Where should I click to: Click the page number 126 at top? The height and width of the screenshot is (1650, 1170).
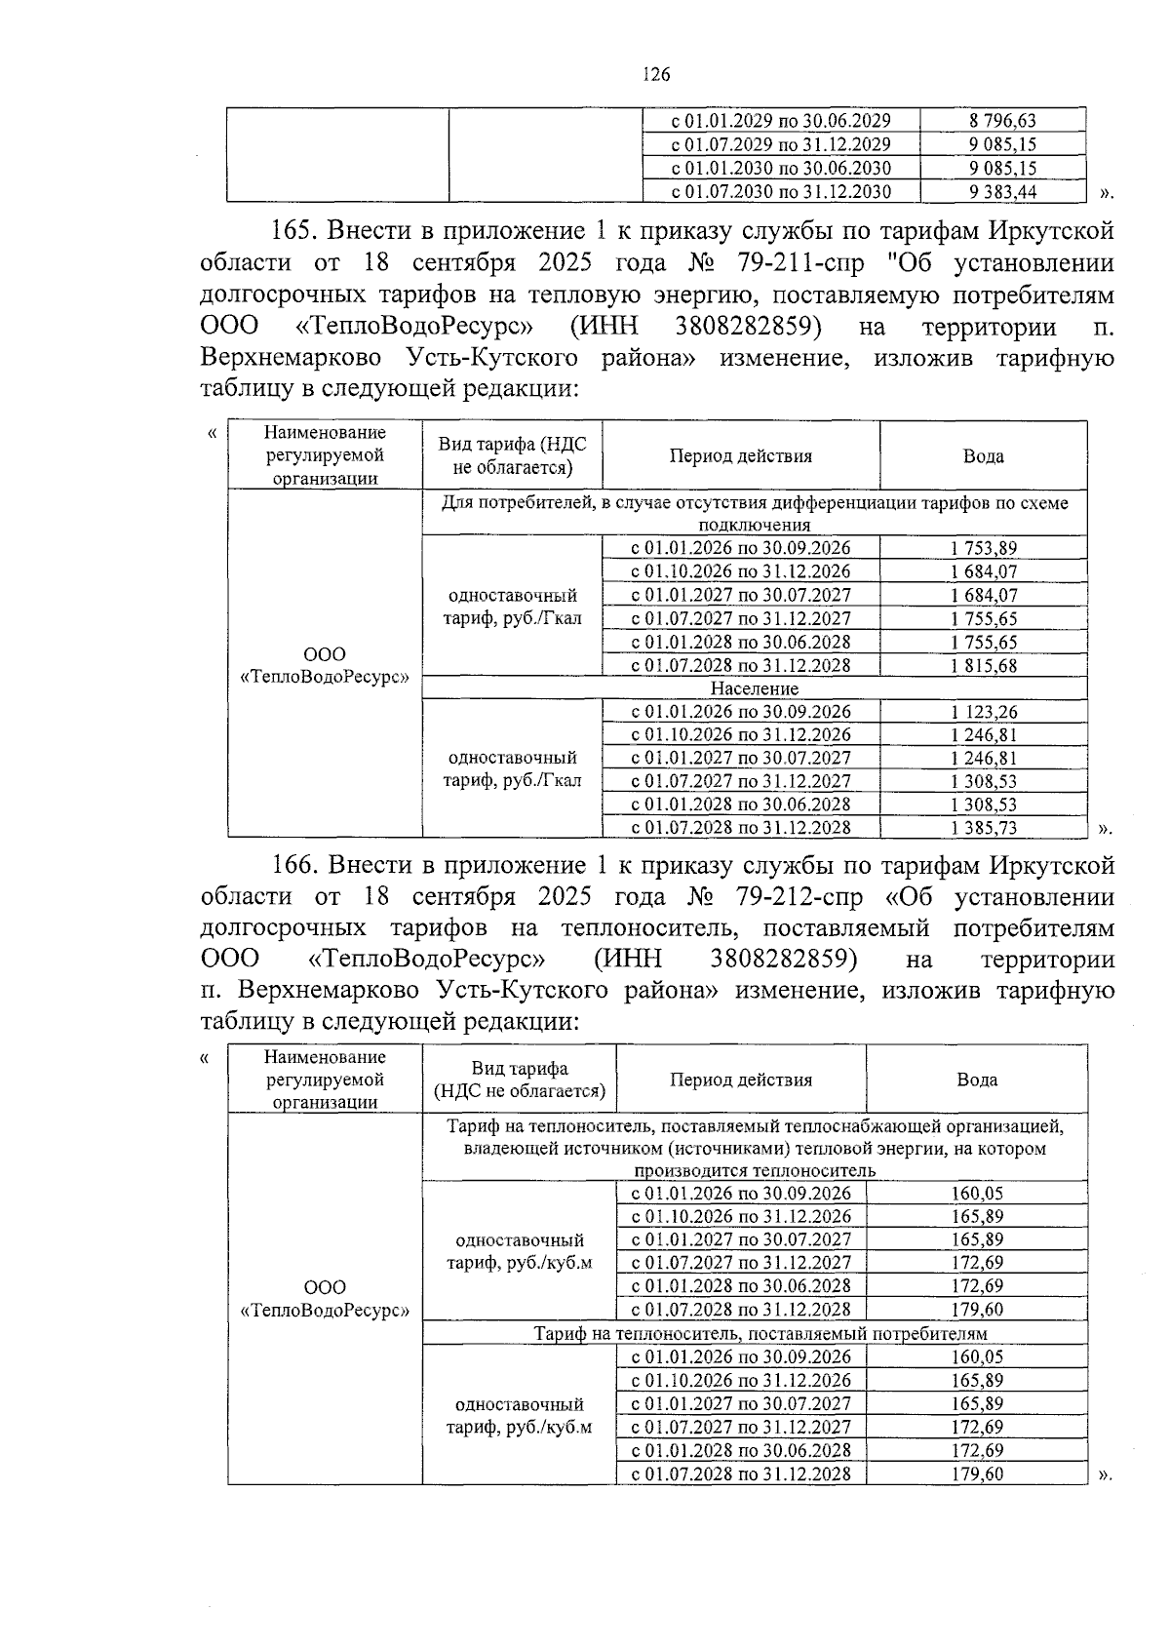coord(656,75)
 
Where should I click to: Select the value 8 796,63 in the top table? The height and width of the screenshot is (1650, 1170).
coord(1002,121)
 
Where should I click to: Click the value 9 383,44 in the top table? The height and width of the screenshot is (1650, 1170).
coord(1002,192)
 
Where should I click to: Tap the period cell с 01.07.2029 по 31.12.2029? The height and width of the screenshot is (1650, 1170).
coord(781,144)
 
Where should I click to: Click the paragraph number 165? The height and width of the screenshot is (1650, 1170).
coord(290,232)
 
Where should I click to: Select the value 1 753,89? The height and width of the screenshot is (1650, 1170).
coord(983,548)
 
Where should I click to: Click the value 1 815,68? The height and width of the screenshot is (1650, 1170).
coord(983,665)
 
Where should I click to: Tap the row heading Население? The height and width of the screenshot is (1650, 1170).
coord(754,688)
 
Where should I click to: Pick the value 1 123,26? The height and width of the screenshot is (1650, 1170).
coord(983,712)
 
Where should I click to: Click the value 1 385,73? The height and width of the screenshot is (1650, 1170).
coord(983,828)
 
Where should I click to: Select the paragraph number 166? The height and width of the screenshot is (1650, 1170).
coord(290,865)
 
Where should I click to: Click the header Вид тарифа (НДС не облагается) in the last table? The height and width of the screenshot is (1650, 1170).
coord(519,1080)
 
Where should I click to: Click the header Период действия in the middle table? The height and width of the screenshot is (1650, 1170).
coord(740,455)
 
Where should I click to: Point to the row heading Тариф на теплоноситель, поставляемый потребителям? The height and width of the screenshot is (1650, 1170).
coord(760,1333)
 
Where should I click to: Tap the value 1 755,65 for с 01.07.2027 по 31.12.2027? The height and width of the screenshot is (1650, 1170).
coord(983,618)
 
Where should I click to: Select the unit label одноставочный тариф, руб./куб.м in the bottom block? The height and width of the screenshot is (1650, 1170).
coord(520,1415)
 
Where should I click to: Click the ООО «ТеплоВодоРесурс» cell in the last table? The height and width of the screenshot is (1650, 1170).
coord(325,1299)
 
